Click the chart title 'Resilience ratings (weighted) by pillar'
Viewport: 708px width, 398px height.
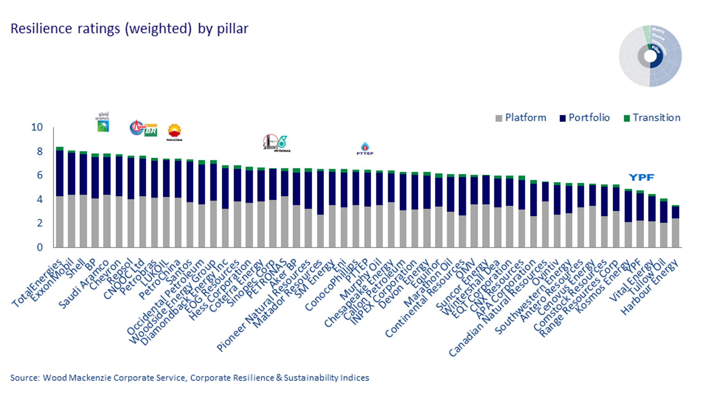[x=129, y=29]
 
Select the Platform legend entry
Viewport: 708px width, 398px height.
[x=521, y=118]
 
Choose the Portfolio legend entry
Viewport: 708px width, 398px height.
[x=584, y=118]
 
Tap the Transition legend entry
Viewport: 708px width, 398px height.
[x=652, y=118]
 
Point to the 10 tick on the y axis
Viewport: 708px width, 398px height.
[x=37, y=127]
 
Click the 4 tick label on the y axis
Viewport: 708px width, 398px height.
[x=40, y=199]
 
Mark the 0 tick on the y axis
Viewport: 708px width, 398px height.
[x=40, y=247]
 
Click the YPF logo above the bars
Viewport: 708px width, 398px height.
[x=641, y=177]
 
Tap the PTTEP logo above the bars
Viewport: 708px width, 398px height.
[x=365, y=149]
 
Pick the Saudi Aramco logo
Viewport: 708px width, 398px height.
[x=103, y=122]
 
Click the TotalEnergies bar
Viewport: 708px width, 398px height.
[x=60, y=197]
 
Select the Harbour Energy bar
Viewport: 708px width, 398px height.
[x=675, y=226]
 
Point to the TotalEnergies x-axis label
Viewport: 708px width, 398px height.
[x=37, y=283]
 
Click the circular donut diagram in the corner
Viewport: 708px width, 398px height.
[x=650, y=56]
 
